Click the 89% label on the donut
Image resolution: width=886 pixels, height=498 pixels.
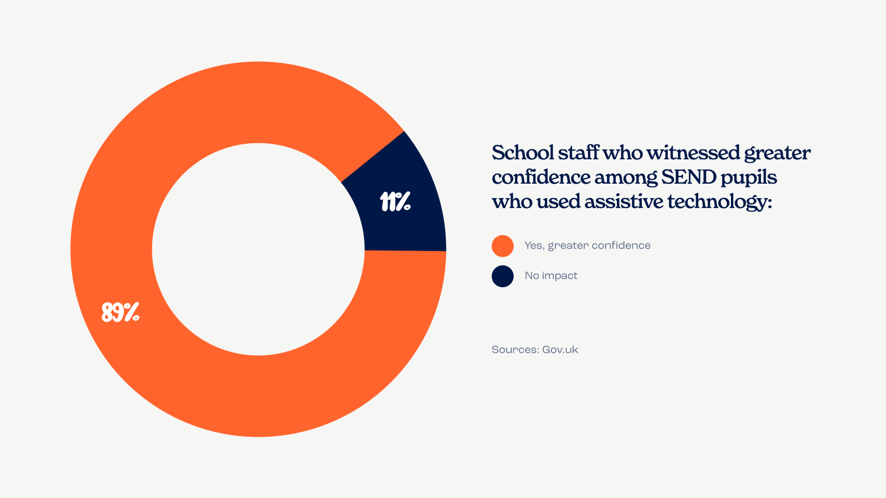120,313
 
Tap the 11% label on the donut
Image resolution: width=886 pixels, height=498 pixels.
395,202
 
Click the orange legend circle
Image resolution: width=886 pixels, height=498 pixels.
503,246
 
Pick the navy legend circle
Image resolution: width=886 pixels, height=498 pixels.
503,276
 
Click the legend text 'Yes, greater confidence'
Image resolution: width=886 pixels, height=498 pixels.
587,246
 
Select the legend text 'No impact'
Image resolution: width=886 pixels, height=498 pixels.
551,276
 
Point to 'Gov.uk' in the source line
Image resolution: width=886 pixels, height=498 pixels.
560,350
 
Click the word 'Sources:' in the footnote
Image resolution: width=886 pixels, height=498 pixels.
515,350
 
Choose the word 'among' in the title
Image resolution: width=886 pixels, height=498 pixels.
625,178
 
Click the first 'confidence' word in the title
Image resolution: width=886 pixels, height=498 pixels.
540,177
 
